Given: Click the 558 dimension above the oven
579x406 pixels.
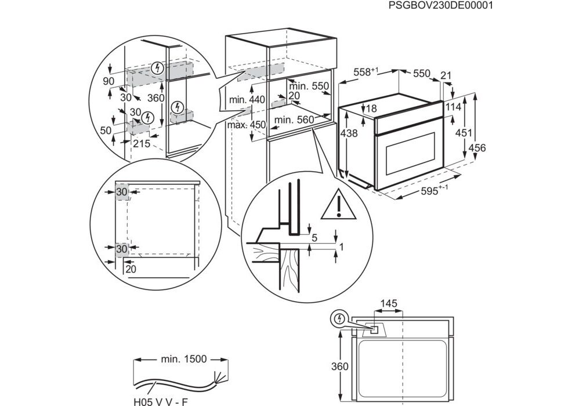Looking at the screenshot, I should click(366, 72).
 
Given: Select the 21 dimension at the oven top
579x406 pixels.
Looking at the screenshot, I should click(446, 74).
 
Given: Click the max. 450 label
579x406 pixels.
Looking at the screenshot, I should click(245, 125).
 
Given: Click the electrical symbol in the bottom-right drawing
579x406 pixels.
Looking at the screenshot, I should click(338, 319).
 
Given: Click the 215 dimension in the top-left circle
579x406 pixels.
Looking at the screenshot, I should click(141, 143).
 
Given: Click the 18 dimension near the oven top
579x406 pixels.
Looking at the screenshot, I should click(372, 108).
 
